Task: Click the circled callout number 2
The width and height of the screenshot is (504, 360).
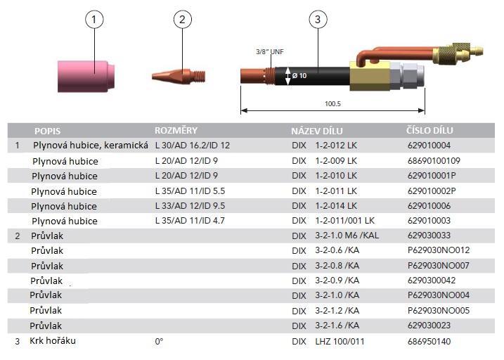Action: point(181,20)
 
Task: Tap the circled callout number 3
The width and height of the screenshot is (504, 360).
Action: point(318,20)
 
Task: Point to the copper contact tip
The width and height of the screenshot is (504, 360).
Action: point(177,72)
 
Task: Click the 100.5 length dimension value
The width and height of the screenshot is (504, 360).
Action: point(331,103)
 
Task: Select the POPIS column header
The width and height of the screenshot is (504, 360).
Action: point(47,131)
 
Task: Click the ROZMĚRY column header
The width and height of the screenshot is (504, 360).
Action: point(176,131)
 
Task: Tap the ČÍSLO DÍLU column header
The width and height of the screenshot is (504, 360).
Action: point(429,131)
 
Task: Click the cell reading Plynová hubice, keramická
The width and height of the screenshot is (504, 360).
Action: point(90,146)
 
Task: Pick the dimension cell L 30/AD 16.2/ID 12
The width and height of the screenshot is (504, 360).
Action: point(192,146)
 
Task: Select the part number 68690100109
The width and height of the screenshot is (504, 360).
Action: point(434,161)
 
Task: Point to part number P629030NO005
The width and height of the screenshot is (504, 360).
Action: point(438,310)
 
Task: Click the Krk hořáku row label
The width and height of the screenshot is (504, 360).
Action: point(53,341)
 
